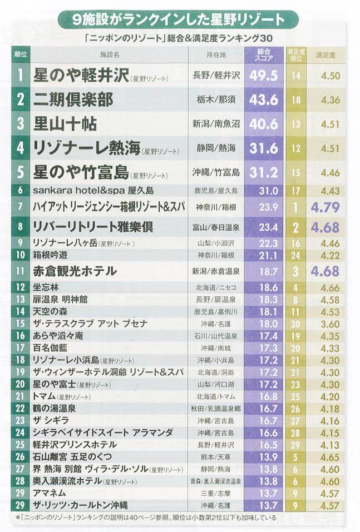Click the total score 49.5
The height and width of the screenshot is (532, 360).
pos(264,75)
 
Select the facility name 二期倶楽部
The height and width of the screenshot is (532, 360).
pos(73,100)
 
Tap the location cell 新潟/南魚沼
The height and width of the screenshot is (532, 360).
pos(216,124)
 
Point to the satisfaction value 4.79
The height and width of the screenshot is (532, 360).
pos(325,207)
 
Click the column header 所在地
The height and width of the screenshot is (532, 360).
pos(216,54)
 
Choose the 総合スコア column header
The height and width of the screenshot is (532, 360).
pos(264,54)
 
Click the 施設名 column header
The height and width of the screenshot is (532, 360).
pos(110,54)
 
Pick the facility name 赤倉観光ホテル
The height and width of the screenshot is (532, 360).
pos(75,271)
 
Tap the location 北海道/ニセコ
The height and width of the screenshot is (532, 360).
pos(216,288)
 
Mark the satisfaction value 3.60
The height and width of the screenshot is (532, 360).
pos(330,324)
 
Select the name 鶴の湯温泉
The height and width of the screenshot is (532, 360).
pos(54,409)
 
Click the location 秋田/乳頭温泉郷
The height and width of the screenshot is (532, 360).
pos(216,409)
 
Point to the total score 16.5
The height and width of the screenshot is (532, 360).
pos(268,445)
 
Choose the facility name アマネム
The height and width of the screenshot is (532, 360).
pos(50,493)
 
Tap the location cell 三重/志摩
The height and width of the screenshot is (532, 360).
pos(216,493)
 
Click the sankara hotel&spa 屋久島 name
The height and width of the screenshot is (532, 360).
pos(93,190)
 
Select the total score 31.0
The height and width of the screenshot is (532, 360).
pos(268,191)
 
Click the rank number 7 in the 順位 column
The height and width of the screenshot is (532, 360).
pos(21,207)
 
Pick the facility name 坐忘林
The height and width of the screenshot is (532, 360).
pos(46,287)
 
